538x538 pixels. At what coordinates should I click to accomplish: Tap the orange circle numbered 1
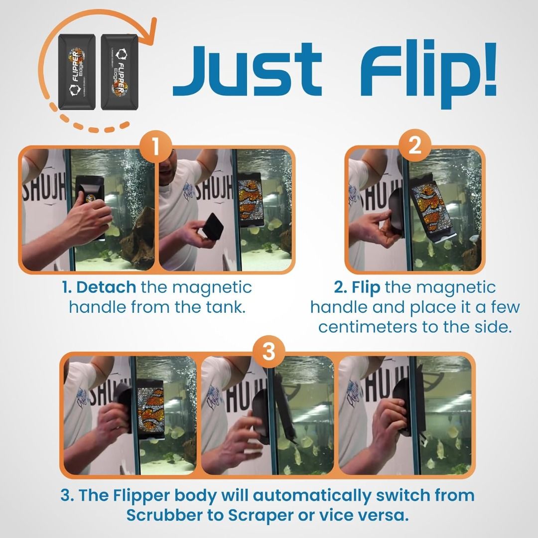155,147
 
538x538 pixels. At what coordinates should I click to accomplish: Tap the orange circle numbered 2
414,145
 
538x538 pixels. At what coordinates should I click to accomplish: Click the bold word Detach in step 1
106,288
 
